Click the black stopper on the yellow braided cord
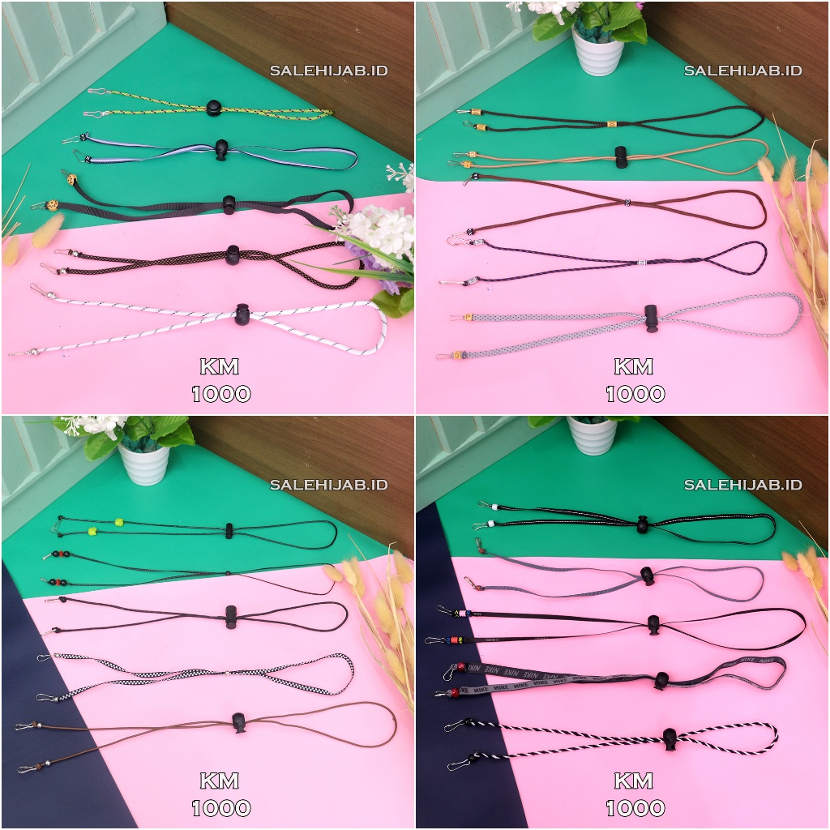pyautogui.click(x=214, y=107)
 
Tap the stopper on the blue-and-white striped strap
pyautogui.click(x=221, y=150)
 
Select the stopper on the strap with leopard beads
pyautogui.click(x=229, y=204)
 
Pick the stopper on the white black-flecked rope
pyautogui.click(x=242, y=314)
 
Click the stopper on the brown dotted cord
pyautogui.click(x=234, y=254)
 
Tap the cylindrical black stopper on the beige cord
pyautogui.click(x=621, y=156)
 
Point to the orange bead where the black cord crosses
pyautogui.click(x=612, y=124)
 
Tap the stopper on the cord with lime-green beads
pyautogui.click(x=230, y=531)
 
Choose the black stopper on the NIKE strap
pyautogui.click(x=661, y=680)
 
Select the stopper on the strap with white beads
pyautogui.click(x=643, y=524)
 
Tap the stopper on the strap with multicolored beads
pyautogui.click(x=653, y=624)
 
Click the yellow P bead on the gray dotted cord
pyautogui.click(x=468, y=316)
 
